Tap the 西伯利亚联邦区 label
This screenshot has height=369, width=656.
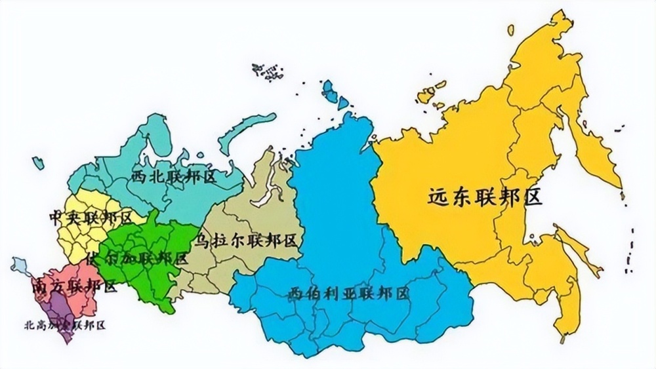348,293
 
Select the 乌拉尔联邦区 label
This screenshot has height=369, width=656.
245,241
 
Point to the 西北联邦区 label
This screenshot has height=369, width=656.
174,176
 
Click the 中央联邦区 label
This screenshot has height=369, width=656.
91,217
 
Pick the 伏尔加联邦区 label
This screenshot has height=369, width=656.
137,258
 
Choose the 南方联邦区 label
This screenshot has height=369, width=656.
73,286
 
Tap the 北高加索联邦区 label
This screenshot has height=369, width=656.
64,324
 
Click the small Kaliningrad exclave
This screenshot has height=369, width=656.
37,163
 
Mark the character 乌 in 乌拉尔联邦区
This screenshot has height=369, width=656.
203,241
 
